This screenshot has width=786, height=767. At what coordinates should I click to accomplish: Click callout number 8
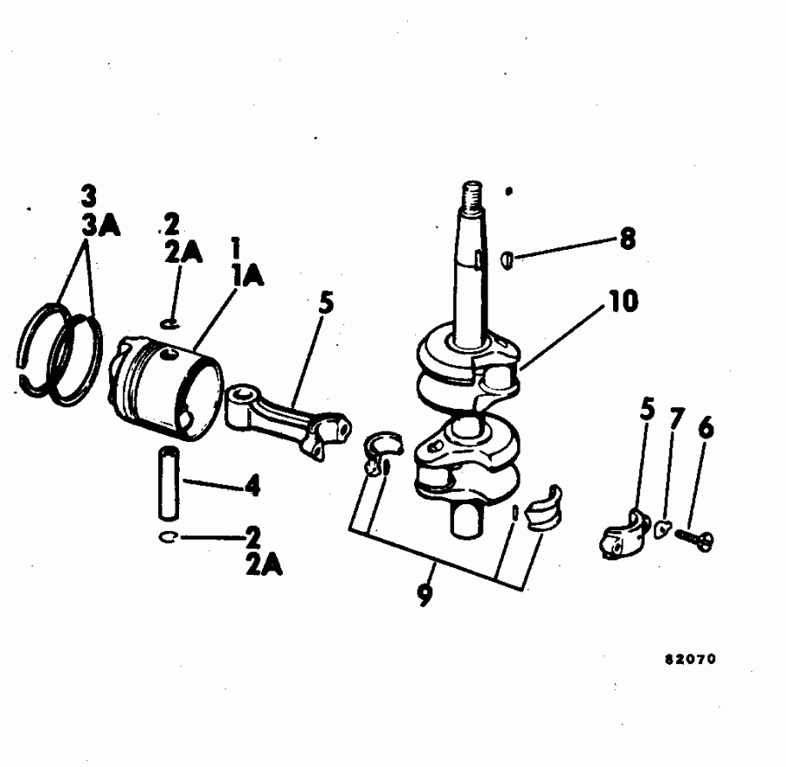pos(627,240)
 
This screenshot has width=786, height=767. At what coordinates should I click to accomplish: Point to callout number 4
pos(252,486)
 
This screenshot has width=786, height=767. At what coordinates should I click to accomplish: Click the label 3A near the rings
pos(101,226)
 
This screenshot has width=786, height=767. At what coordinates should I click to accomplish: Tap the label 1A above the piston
pos(248,276)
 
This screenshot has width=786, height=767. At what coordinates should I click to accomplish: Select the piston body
pos(164,383)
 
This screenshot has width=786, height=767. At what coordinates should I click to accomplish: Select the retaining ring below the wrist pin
pos(169,537)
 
